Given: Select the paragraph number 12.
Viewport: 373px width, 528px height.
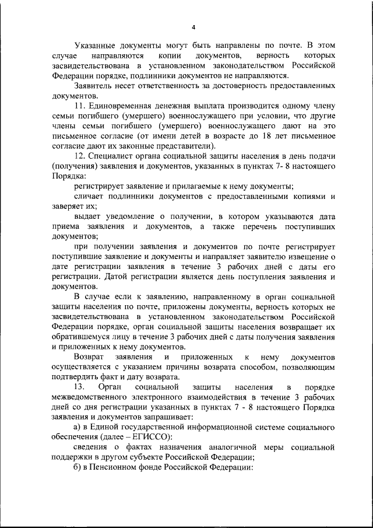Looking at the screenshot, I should point(80,156).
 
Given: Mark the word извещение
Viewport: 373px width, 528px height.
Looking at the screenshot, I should point(309,258).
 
